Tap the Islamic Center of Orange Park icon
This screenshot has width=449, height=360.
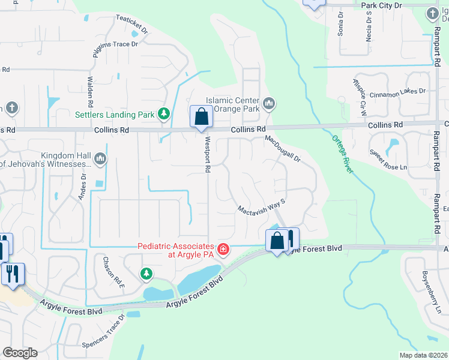click(268, 104)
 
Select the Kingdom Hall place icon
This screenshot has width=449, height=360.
click(100, 159)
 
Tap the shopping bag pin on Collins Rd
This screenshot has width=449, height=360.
click(201, 116)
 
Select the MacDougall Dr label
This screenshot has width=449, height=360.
click(282, 148)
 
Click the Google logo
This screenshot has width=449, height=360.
click(20, 353)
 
